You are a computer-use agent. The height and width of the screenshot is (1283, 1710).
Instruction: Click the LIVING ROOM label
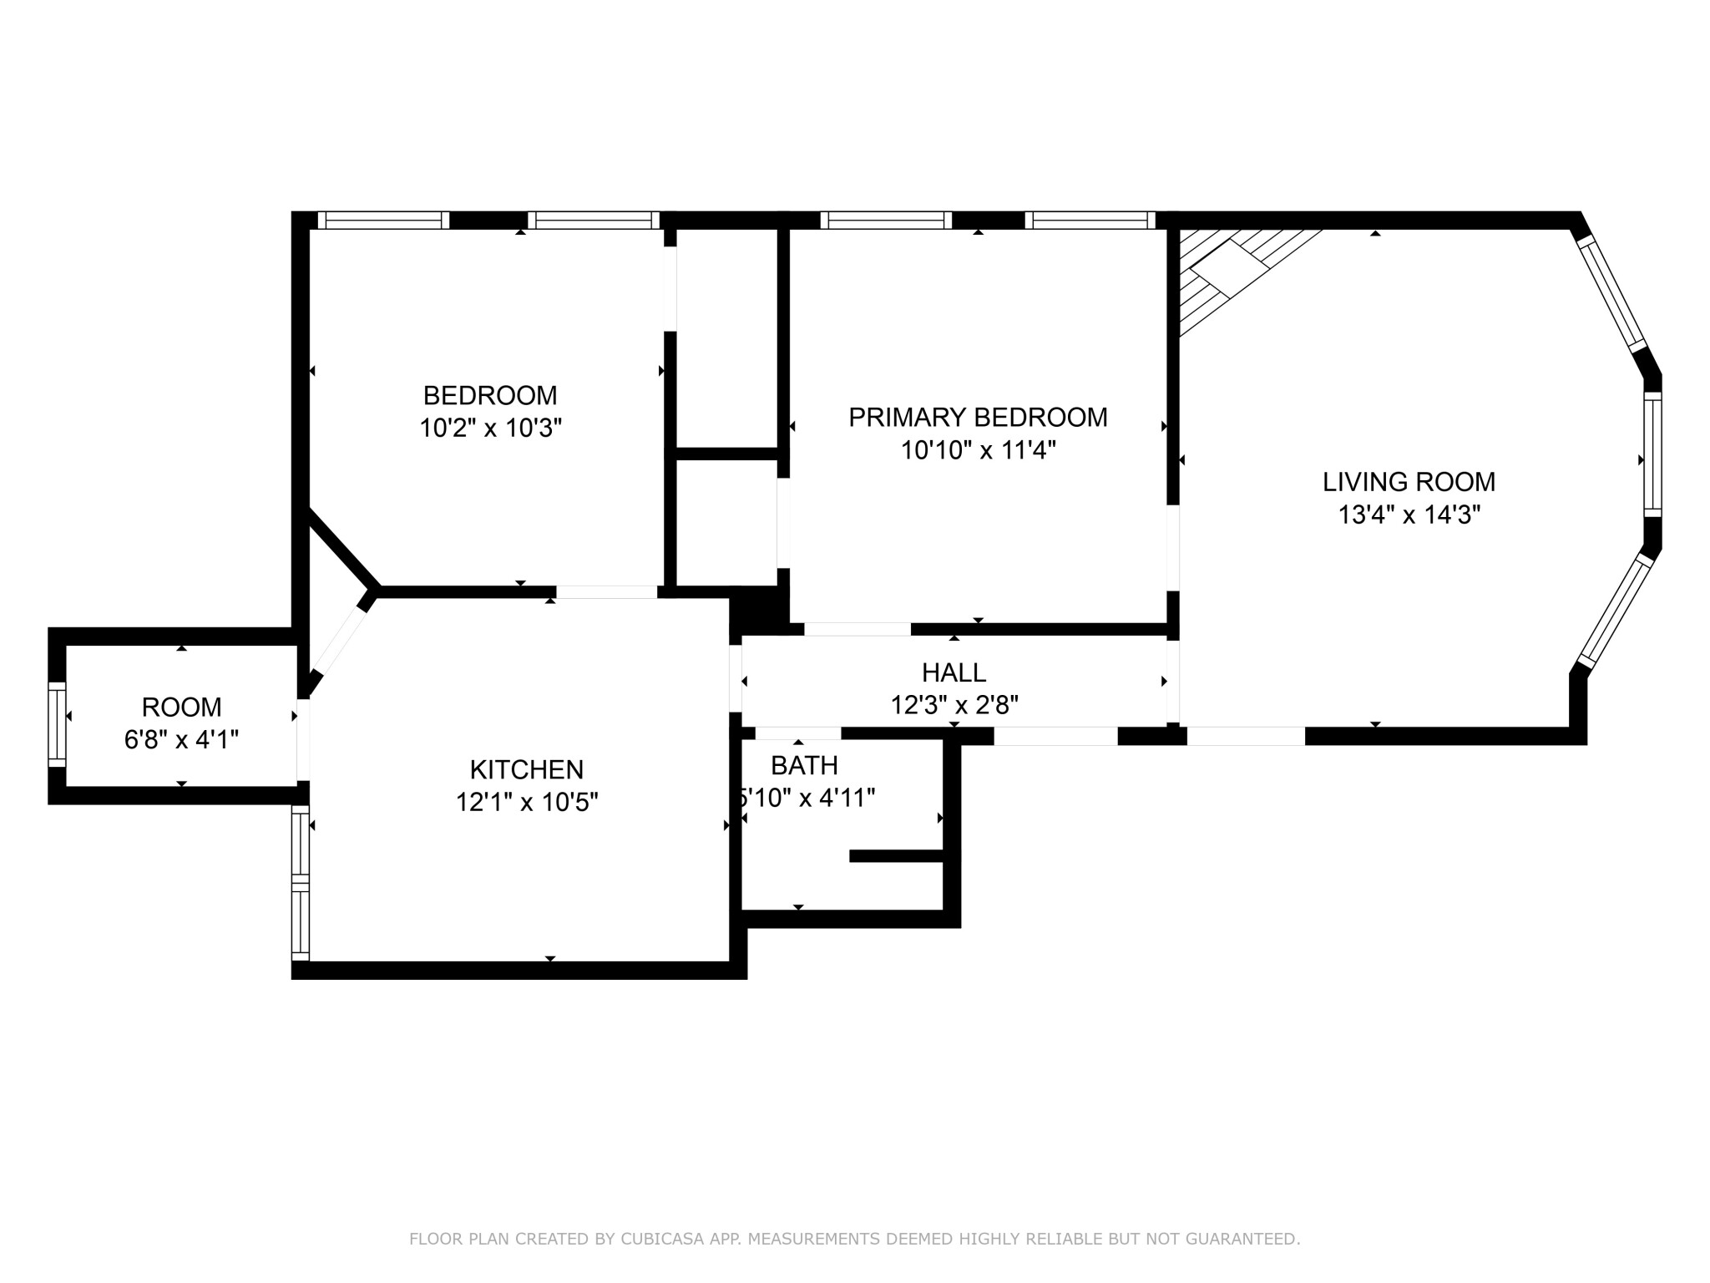tap(1409, 482)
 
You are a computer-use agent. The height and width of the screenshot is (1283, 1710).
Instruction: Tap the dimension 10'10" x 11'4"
tap(978, 451)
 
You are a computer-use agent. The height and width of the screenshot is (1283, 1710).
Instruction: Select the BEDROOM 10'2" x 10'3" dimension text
tap(490, 429)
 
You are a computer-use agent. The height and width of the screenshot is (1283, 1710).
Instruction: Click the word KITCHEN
tap(526, 769)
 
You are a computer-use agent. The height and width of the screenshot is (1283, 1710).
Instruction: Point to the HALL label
tap(954, 672)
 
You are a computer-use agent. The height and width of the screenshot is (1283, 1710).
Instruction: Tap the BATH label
tap(804, 765)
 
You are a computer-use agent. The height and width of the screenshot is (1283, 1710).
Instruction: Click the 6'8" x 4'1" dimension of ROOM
tap(181, 740)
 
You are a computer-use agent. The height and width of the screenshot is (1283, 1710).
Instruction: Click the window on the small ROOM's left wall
tap(57, 723)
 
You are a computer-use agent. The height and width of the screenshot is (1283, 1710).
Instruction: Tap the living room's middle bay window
tap(1652, 455)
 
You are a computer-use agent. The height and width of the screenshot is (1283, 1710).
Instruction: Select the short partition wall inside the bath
tap(897, 855)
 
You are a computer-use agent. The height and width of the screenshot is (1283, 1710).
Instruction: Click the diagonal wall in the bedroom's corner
tap(343, 548)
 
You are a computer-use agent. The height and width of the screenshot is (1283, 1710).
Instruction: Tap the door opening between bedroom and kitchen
tap(607, 592)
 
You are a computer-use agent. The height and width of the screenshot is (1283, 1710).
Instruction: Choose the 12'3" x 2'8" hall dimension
tap(954, 706)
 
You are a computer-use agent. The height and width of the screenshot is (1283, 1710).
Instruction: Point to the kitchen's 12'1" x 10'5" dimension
tap(526, 803)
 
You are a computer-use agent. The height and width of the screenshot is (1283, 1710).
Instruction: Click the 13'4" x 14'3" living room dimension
tap(1409, 515)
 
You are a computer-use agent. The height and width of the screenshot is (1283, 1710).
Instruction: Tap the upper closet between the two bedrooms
tap(726, 338)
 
